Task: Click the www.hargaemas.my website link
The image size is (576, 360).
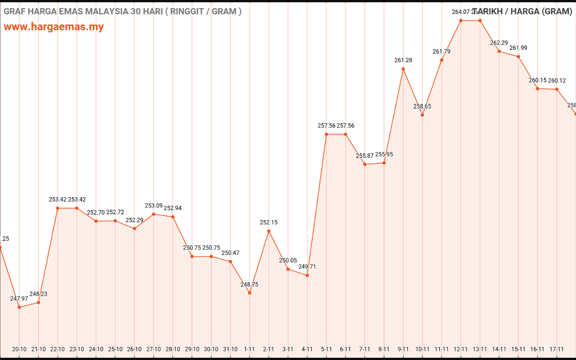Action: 54,27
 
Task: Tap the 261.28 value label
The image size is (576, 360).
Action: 403,60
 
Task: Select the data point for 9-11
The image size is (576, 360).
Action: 403,69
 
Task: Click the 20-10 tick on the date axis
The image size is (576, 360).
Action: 19,349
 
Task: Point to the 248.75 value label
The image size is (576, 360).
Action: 249,284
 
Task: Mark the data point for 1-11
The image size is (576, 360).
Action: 249,293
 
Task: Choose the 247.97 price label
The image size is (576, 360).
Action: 19,299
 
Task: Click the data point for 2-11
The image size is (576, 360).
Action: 269,231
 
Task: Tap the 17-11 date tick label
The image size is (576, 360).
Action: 557,349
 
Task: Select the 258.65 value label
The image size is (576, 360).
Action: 422,107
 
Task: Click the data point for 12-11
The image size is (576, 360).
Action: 461,20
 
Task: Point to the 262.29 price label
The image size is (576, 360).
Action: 499,43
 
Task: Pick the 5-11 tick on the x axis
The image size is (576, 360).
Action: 326,349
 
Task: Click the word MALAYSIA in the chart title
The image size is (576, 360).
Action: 106,11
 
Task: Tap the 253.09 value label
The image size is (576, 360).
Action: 153,206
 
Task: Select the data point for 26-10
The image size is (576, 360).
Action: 134,229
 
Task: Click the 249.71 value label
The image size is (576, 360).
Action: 307,267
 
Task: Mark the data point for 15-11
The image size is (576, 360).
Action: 518,57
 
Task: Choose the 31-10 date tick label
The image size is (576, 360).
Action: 230,349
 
